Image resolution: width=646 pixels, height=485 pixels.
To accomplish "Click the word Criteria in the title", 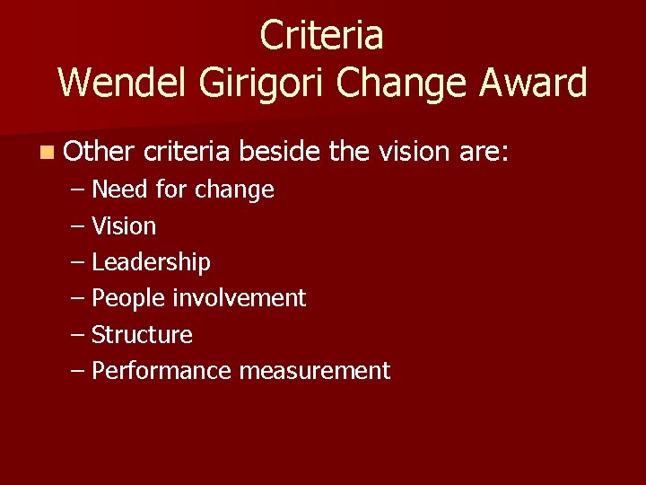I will [322, 36].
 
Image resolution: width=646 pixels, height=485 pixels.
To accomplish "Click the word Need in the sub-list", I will [120, 190].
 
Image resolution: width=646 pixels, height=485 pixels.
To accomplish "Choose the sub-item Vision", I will [124, 226].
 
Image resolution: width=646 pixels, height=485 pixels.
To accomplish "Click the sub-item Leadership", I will [151, 262].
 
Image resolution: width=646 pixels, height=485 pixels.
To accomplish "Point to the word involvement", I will [239, 298].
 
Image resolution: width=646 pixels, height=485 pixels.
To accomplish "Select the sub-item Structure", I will [142, 335].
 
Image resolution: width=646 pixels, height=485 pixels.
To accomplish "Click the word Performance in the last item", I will [162, 371].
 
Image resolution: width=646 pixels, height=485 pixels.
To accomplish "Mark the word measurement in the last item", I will [315, 371].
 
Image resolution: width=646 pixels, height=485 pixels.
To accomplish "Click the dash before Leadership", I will [77, 262].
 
